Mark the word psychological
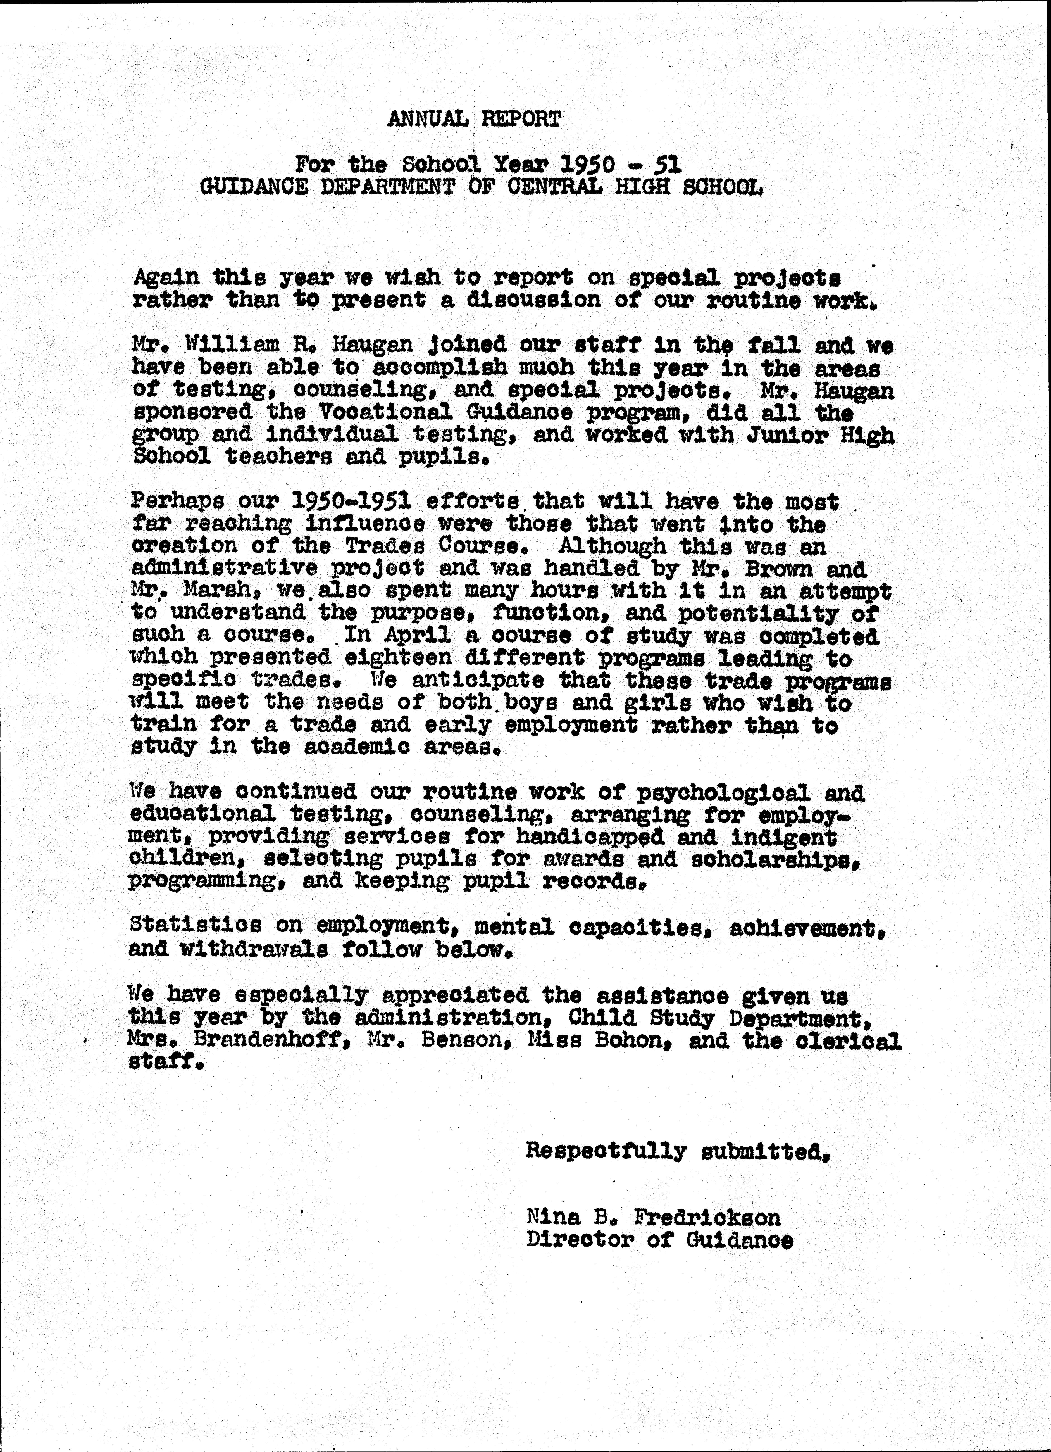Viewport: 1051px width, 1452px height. point(723,793)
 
